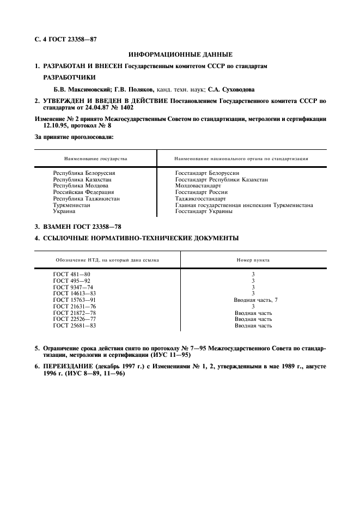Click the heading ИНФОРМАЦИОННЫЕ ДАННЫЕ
[x=180, y=54]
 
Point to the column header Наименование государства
[x=95, y=159]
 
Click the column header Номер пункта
[x=253, y=260]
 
